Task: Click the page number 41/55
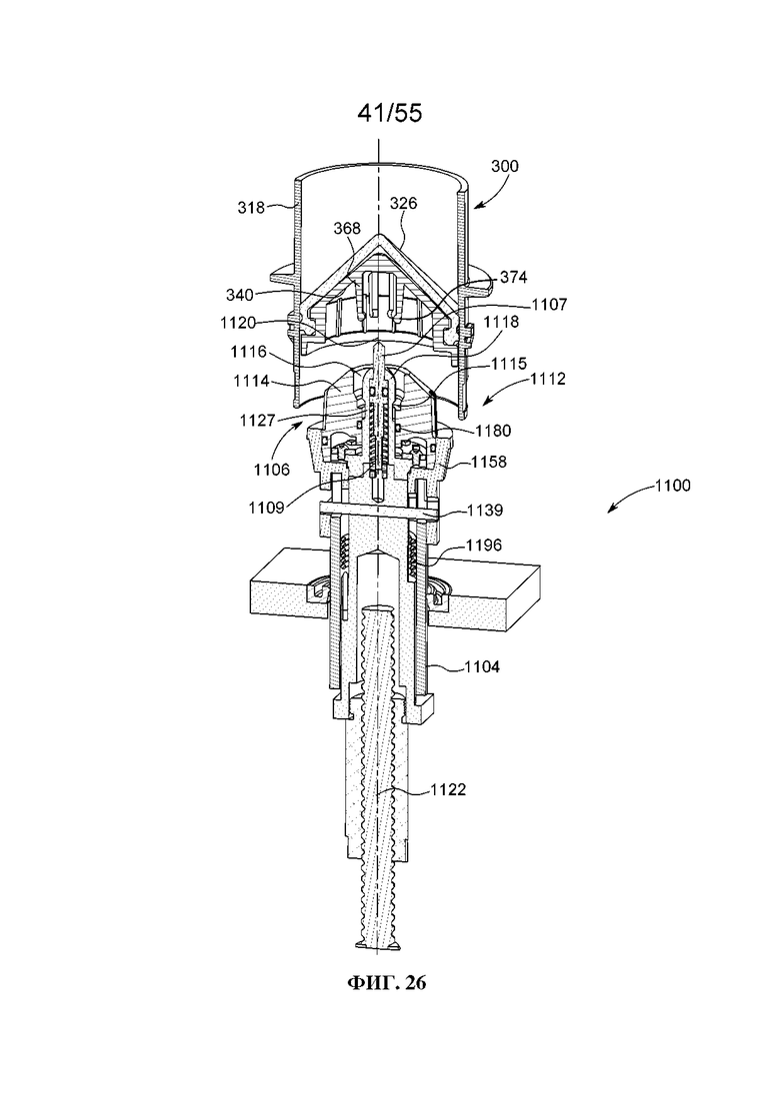coord(390,113)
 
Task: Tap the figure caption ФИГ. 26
coord(387,982)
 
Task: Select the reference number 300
coord(504,167)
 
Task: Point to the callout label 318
coord(250,208)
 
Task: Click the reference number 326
coord(404,203)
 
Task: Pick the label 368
coord(347,229)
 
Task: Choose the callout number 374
coord(513,278)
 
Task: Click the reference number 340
coord(239,295)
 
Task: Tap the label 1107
coord(549,305)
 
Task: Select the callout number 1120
coord(238,323)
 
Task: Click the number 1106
coord(271,470)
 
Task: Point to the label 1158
coord(489,462)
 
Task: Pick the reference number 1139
coord(485,511)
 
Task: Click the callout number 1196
coord(484,545)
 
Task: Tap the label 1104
coord(482,666)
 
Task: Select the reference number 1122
coord(448,790)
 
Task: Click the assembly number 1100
coord(672,485)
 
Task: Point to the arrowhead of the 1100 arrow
coord(610,511)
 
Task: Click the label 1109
coord(266,509)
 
